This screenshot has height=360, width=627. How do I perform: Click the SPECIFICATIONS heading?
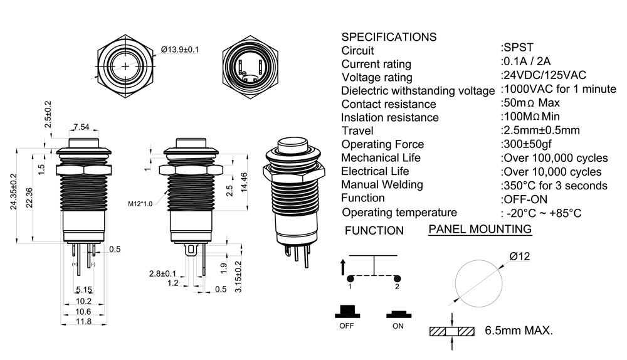[389, 36]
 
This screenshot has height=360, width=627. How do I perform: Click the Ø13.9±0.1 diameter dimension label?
[180, 49]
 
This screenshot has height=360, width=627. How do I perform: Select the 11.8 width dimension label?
[83, 322]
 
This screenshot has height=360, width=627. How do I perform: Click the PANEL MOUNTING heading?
[480, 229]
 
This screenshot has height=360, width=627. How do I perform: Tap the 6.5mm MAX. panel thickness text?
[519, 331]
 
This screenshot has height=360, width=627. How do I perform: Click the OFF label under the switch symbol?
[346, 326]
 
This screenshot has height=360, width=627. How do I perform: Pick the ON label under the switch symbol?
[398, 326]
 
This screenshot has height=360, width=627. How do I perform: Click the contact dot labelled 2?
[397, 278]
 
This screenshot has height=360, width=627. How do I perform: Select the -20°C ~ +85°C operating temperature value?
[543, 213]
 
